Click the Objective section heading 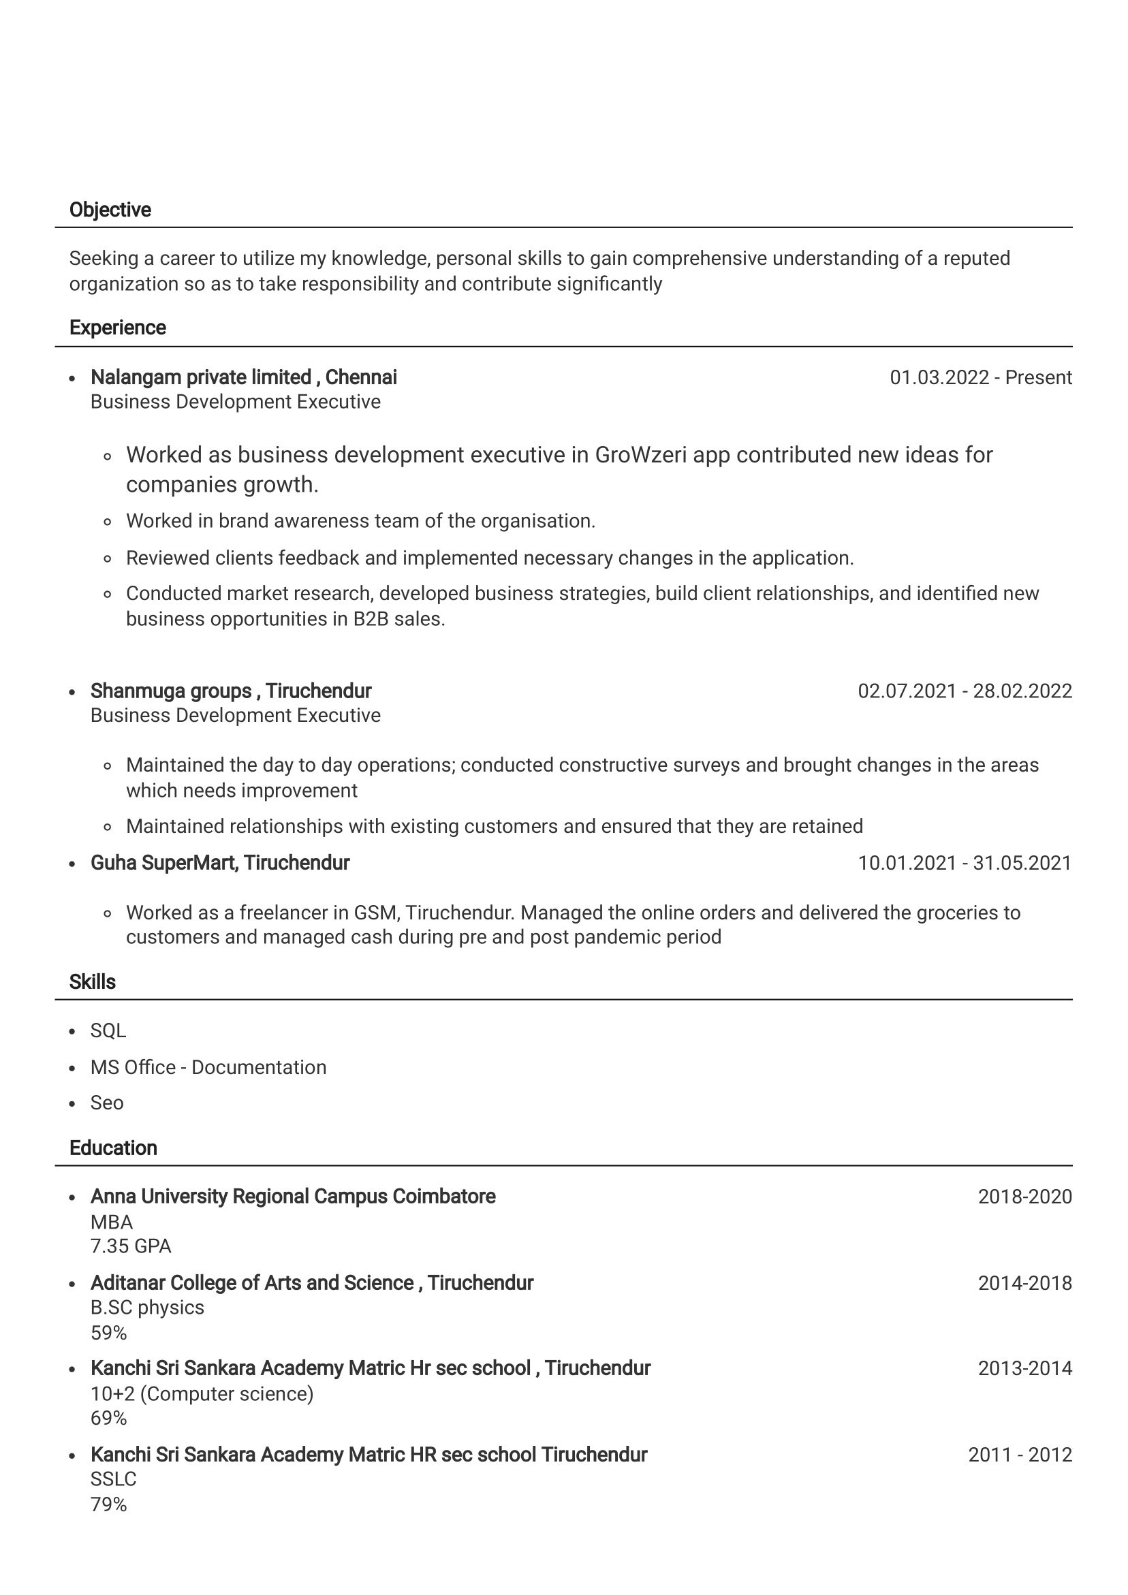click(110, 210)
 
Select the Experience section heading click(117, 328)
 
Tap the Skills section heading click(93, 981)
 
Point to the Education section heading click(113, 1148)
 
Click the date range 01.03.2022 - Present click(980, 377)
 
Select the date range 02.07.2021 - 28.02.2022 click(964, 691)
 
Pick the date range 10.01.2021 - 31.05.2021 click(964, 863)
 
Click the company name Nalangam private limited click(200, 377)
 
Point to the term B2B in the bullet click(371, 619)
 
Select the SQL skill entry click(108, 1030)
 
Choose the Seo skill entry click(107, 1103)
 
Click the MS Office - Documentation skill click(208, 1067)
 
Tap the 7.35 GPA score click(131, 1246)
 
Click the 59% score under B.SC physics click(108, 1332)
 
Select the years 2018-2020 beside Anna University click(1024, 1197)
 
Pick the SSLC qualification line click(113, 1479)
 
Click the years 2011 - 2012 click(1020, 1455)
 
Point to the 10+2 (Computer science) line click(202, 1393)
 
